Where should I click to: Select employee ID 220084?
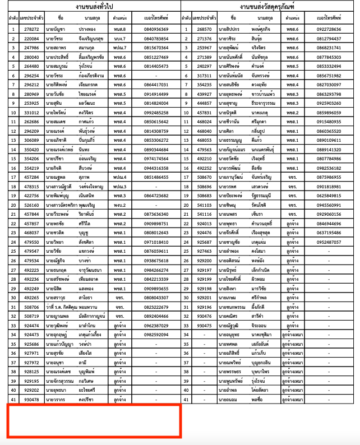point(32,39)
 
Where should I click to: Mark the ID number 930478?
point(32,399)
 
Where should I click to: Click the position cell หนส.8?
point(119,29)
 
